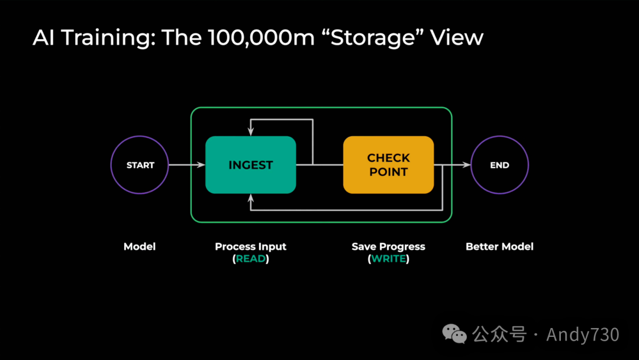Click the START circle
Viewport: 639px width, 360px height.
coord(140,165)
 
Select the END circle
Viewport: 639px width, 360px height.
coord(499,165)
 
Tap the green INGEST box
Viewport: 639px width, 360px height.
coord(250,165)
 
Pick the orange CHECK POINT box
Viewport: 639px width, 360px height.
coord(388,165)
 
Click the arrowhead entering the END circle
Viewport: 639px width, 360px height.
coord(467,165)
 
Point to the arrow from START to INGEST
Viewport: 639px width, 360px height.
coord(186,165)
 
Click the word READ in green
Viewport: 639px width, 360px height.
coord(251,259)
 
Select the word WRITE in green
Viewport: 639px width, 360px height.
coord(388,259)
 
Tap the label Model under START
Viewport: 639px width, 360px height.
coord(140,246)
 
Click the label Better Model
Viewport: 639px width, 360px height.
coord(499,246)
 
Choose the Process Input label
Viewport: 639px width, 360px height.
coord(250,246)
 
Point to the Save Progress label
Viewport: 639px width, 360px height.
coord(388,246)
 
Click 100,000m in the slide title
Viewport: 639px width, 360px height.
coord(255,38)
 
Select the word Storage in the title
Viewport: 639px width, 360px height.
coord(372,38)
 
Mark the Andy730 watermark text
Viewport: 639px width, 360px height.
coord(582,335)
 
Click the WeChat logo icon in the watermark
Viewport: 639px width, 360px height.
coord(455,334)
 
